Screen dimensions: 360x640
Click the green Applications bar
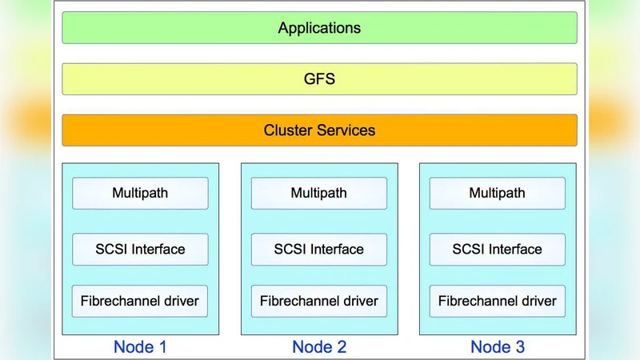click(319, 28)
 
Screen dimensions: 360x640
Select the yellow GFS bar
click(319, 79)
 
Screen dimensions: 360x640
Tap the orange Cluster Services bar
click(319, 130)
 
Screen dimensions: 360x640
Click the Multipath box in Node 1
click(140, 193)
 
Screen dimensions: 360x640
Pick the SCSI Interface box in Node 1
click(140, 249)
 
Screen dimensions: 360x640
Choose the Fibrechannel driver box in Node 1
click(140, 302)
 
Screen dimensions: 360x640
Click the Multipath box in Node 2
click(319, 193)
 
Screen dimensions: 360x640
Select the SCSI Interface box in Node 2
click(319, 249)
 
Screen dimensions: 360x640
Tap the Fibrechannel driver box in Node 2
click(319, 302)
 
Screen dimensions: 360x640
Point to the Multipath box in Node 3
click(498, 193)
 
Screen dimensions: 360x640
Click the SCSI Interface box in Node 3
click(498, 249)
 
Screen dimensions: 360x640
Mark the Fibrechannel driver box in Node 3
click(498, 302)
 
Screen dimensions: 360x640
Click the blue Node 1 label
click(140, 346)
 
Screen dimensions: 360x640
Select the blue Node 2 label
click(319, 346)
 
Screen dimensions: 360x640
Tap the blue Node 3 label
click(498, 346)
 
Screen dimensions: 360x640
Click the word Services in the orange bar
click(346, 130)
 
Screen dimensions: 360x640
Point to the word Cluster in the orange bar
click(288, 130)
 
